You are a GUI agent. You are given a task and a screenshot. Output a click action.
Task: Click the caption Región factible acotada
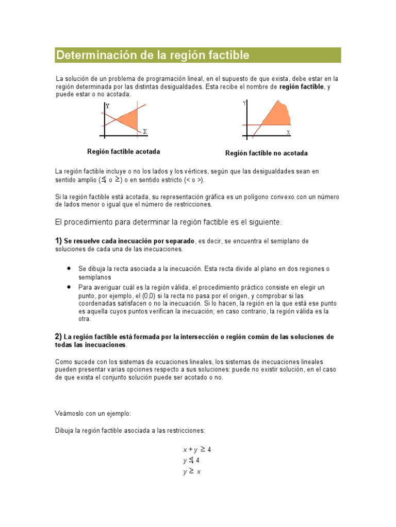123,152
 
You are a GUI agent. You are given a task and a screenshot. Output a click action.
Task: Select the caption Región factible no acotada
266,153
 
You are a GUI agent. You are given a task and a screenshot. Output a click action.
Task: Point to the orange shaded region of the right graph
276,116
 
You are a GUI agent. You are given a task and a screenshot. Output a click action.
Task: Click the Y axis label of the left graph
107,106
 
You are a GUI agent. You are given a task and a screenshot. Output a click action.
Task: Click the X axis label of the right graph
288,132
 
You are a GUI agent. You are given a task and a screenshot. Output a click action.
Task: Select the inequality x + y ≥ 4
197,449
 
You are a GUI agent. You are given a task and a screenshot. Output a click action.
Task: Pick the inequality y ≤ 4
191,461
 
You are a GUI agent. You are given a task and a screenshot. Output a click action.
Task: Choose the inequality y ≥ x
191,472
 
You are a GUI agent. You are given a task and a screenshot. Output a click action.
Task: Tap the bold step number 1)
58,241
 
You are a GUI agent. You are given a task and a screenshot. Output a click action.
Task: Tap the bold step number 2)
58,337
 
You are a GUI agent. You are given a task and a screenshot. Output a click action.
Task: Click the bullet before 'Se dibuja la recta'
69,269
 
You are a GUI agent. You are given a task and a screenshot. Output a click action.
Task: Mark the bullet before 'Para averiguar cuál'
69,287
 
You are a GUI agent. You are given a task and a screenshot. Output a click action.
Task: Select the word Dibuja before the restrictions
64,430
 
